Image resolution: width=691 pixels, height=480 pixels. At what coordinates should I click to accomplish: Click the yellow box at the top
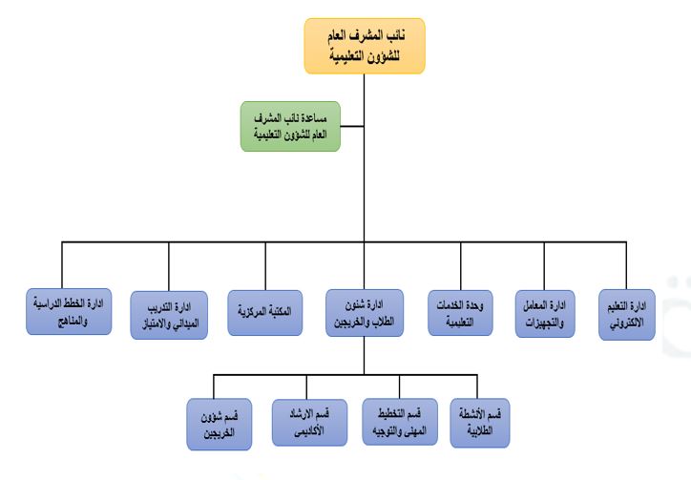pos(365,46)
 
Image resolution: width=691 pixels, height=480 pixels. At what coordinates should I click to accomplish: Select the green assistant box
pos(290,127)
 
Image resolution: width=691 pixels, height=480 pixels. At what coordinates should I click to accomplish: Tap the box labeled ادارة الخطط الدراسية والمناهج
pos(69,312)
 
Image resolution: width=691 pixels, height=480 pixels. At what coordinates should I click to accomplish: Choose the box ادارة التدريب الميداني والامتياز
pos(169,315)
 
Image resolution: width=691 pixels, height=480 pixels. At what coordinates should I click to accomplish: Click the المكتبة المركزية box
pos(265,312)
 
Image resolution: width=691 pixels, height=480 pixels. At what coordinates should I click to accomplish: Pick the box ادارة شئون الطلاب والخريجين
pos(365,313)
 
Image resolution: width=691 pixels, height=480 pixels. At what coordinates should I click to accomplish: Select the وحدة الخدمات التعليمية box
pos(460,313)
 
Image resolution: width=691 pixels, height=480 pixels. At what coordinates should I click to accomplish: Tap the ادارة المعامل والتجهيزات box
pos(545,314)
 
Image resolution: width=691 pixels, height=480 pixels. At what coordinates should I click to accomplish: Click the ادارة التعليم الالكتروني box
pos(627,314)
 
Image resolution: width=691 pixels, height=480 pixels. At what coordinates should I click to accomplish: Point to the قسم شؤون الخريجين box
pos(219,425)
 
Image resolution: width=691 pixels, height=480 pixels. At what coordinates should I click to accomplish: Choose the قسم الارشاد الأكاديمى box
pos(309,422)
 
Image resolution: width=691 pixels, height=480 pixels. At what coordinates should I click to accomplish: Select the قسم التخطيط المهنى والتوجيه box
pos(400,422)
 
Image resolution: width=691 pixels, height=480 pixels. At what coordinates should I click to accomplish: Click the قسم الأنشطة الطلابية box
pos(480,423)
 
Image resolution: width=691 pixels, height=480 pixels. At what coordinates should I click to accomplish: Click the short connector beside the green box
pos(352,127)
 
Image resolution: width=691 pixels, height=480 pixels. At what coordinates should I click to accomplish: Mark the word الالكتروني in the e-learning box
pos(627,323)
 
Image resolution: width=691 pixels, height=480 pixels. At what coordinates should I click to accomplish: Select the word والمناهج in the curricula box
pos(73,321)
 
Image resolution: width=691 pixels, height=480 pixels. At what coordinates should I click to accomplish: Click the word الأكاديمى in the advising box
pos(309,430)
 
